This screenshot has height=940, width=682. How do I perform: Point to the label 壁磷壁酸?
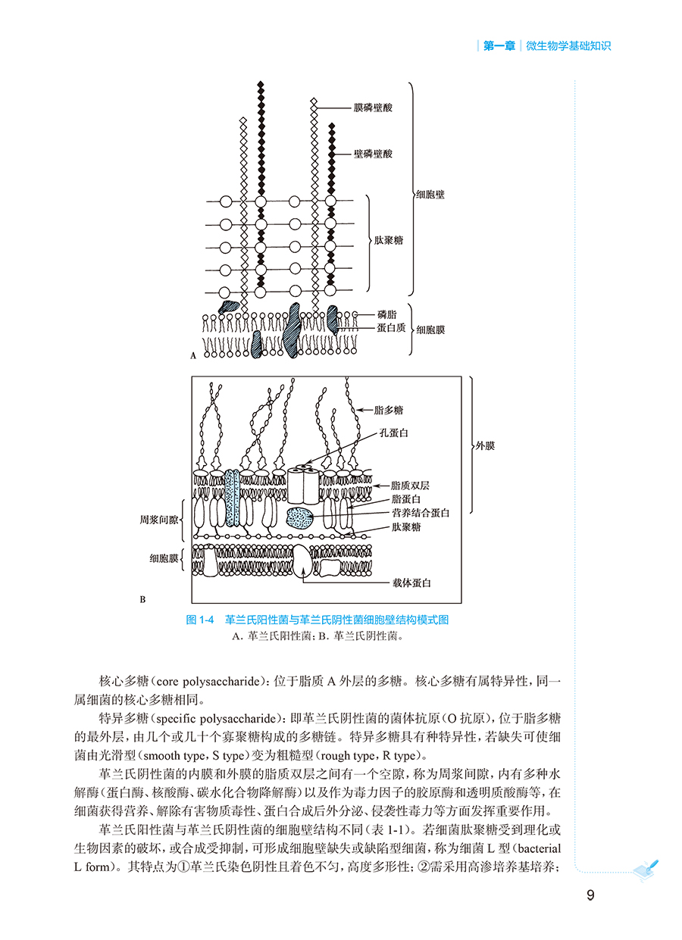(x=373, y=154)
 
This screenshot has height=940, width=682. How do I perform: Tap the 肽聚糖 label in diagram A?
(x=388, y=240)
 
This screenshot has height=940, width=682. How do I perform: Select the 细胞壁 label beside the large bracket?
(x=430, y=195)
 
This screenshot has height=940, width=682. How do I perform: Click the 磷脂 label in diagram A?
(x=387, y=314)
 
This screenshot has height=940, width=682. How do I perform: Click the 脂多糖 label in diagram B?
(x=389, y=410)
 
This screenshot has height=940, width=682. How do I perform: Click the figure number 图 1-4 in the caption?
(x=201, y=620)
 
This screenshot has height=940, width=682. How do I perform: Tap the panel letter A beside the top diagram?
(x=194, y=354)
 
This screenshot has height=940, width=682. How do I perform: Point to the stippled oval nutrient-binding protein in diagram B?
(x=300, y=517)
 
